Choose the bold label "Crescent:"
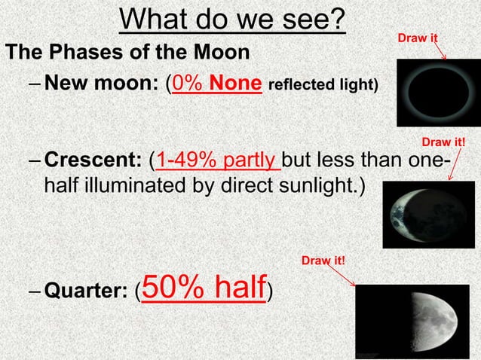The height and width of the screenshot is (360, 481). tap(93, 160)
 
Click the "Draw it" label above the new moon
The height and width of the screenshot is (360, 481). tap(418, 37)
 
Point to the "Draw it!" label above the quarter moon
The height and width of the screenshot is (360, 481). tap(323, 261)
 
